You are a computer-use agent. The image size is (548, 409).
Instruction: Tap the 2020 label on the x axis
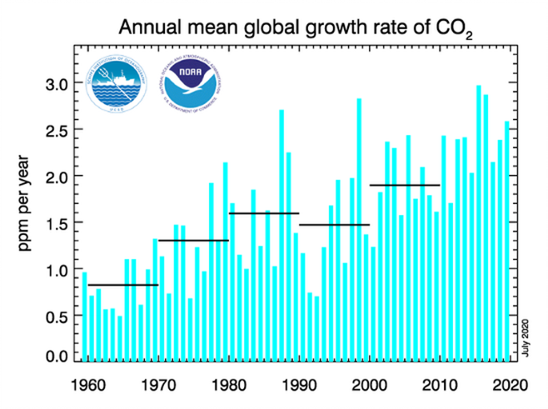[x=508, y=385]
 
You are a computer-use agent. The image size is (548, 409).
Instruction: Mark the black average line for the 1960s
[x=122, y=286]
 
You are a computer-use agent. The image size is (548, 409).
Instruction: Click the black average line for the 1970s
[x=193, y=241]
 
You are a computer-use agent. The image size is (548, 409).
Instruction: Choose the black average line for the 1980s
[x=263, y=214]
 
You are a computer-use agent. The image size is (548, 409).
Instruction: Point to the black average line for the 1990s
[x=334, y=225]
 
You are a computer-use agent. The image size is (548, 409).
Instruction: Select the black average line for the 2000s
[x=404, y=185]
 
